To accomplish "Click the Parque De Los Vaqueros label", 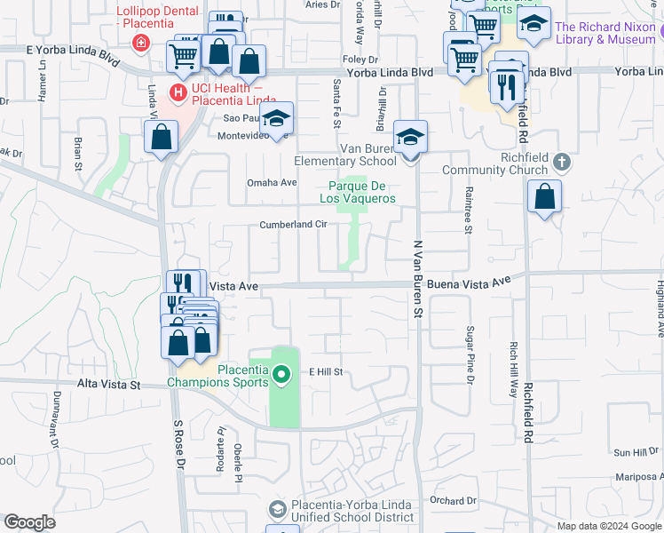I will pyautogui.click(x=357, y=192).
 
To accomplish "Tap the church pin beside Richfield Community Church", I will pyautogui.click(x=560, y=163).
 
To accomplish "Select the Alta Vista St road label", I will pyautogui.click(x=109, y=385).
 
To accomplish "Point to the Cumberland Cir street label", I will pyautogui.click(x=294, y=225).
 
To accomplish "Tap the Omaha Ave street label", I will pyautogui.click(x=272, y=183).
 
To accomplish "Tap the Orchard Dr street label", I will pyautogui.click(x=455, y=501).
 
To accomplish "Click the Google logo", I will pyautogui.click(x=29, y=522).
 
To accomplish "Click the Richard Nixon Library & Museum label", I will pyautogui.click(x=605, y=34).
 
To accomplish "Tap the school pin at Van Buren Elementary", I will pyautogui.click(x=410, y=139).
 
